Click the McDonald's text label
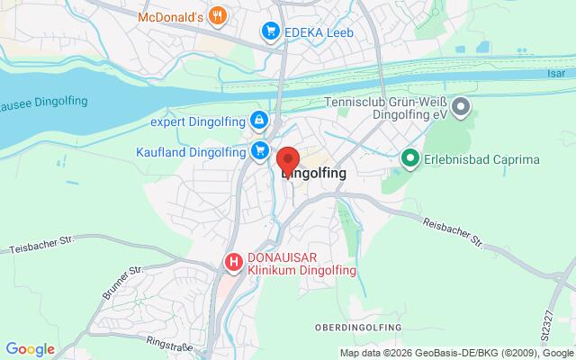click(x=170, y=15)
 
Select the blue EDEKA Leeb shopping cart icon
click(x=269, y=32)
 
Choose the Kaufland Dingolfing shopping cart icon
click(x=260, y=150)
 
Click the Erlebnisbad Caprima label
click(x=481, y=160)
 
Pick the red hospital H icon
click(x=234, y=262)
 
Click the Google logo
click(x=30, y=348)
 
